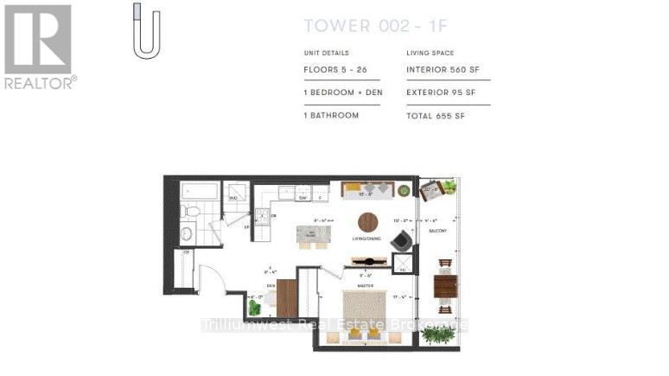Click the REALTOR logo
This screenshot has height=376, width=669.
[x=38, y=46]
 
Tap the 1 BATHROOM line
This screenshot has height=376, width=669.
[x=331, y=115]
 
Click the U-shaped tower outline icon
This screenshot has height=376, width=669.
[x=146, y=33]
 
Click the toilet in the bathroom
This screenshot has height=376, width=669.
[x=192, y=211]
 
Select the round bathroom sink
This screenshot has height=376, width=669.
[x=187, y=233]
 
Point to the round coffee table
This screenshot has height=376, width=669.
[x=368, y=222]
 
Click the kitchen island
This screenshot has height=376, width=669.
[x=314, y=233]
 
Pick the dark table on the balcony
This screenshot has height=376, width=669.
[x=444, y=284]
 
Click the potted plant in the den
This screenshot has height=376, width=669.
[x=253, y=306]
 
